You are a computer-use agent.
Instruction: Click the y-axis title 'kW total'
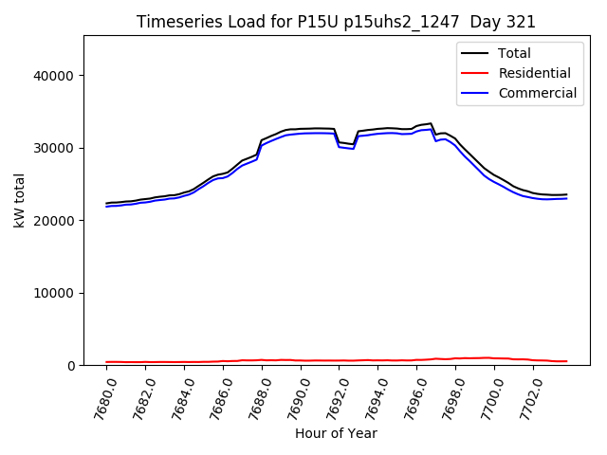click(x=20, y=200)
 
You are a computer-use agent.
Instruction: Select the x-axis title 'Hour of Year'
click(x=336, y=433)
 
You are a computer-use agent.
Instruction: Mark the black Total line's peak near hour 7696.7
click(x=431, y=123)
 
